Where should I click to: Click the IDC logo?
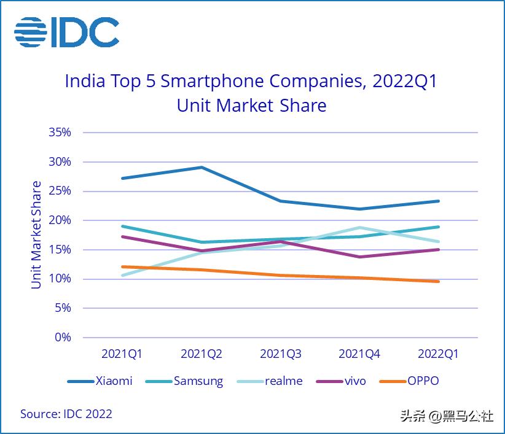(x=66, y=32)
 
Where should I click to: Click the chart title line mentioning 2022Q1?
(x=251, y=82)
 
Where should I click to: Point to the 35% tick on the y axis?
(x=60, y=133)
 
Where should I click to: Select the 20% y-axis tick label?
(x=60, y=220)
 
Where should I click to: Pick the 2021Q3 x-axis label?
(x=280, y=354)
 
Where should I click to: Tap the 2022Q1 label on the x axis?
(x=438, y=354)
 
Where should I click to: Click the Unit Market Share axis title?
(x=37, y=234)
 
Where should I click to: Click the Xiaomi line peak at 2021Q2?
(x=202, y=167)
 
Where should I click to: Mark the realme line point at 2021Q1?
(x=122, y=275)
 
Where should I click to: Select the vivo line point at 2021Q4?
(x=359, y=257)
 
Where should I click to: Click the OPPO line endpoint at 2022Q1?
(x=438, y=282)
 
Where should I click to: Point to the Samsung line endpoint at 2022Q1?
(x=438, y=227)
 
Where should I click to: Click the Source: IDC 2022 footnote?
(x=66, y=414)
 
